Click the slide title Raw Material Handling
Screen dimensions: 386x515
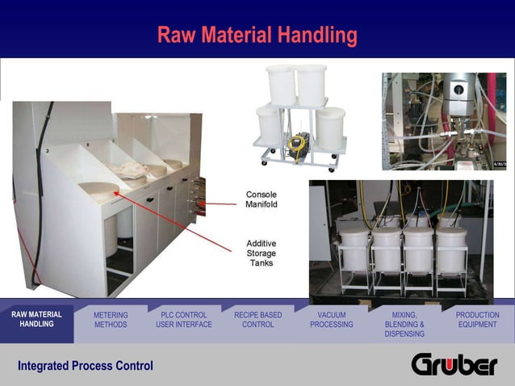[x=257, y=36]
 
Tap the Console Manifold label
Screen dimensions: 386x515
[x=262, y=199]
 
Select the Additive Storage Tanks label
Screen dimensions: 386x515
[x=261, y=252]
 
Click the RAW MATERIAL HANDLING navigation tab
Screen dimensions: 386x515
[x=36, y=320]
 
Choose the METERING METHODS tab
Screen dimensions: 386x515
[x=111, y=320]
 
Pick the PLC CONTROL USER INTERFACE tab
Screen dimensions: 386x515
[x=184, y=320]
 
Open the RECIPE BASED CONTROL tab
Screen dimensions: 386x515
[x=257, y=320]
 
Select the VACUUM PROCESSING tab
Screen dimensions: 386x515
[x=332, y=320]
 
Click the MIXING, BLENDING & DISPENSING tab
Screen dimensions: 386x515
[x=404, y=324]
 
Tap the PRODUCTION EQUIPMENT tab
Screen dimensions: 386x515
[x=477, y=320]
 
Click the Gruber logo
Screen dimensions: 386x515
[x=454, y=365]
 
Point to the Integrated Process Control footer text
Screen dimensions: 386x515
[x=86, y=367]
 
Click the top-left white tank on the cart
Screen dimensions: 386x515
[x=281, y=84]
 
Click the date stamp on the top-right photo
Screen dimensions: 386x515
[x=498, y=166]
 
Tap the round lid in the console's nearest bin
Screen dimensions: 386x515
[x=98, y=190]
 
